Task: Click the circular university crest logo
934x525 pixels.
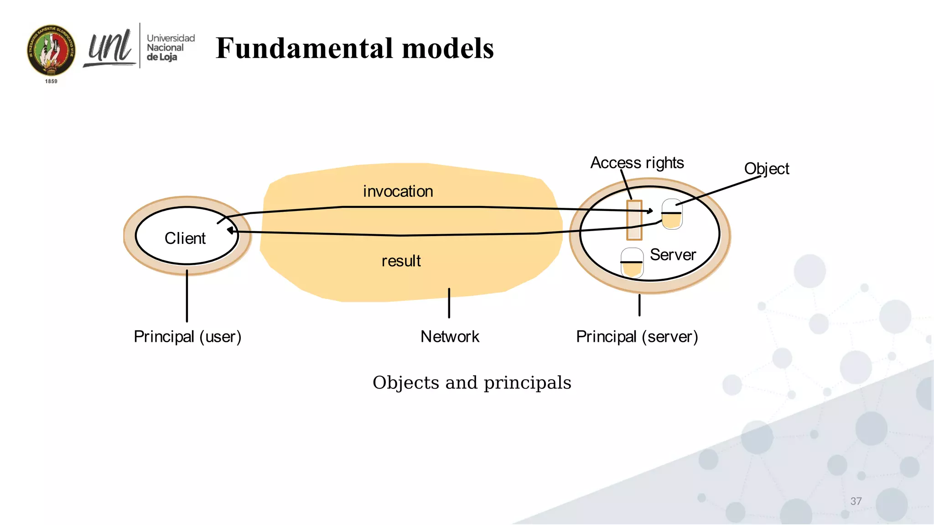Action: click(51, 50)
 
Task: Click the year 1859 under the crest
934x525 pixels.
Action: click(51, 81)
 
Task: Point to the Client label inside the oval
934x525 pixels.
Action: click(185, 238)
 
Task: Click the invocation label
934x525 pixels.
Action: click(398, 191)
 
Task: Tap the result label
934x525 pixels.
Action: click(401, 261)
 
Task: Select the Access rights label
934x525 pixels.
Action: click(637, 163)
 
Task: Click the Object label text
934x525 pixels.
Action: click(766, 169)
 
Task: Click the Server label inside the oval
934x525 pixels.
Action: click(673, 255)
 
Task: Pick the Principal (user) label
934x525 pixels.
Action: click(187, 337)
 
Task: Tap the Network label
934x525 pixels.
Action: click(450, 337)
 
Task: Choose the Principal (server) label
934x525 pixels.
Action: click(637, 337)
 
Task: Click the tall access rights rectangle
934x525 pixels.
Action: click(634, 220)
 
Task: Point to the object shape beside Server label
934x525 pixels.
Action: click(632, 263)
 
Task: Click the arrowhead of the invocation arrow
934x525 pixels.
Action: click(650, 211)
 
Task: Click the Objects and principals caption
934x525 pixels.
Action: click(472, 383)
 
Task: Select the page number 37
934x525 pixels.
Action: click(856, 501)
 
